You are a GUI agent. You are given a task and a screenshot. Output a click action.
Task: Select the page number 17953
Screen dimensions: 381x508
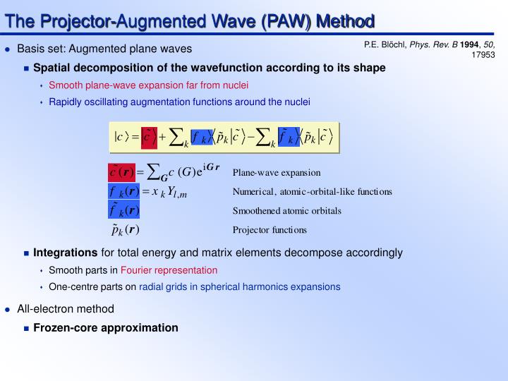click(483, 54)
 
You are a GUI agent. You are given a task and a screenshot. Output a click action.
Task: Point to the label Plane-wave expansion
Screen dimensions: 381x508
click(277, 172)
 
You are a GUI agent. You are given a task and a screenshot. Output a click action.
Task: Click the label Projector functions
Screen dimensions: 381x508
click(270, 229)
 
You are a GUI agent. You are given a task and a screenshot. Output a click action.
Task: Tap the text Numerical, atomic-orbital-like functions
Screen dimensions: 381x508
click(312, 191)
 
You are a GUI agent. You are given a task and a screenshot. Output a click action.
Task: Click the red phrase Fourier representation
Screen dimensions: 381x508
click(169, 270)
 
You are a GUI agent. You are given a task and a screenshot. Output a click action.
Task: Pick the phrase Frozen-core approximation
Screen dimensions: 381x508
click(106, 327)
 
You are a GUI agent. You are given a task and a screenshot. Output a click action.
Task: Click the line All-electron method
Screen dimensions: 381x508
click(66, 309)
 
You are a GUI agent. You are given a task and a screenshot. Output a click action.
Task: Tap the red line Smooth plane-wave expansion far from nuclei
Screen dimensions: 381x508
click(148, 85)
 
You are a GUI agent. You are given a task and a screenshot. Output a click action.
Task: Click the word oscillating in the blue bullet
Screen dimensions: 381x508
click(109, 102)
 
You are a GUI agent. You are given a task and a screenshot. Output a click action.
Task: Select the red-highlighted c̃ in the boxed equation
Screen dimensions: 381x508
click(147, 136)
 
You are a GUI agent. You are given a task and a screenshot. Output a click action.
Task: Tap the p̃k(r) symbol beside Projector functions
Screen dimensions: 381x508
click(125, 230)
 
